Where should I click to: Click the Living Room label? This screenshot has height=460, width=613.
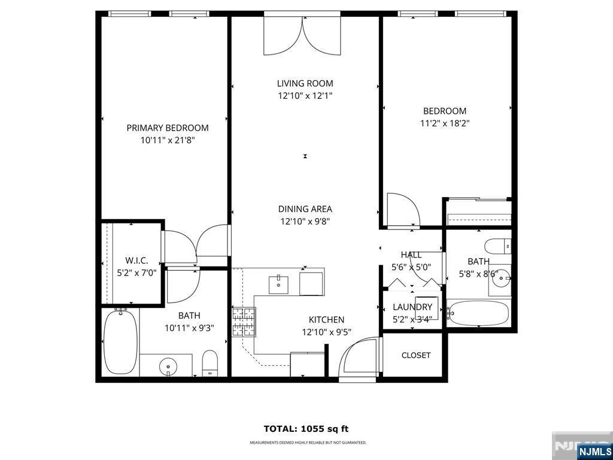[305, 83]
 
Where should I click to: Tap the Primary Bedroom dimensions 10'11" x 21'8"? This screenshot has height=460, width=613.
[168, 140]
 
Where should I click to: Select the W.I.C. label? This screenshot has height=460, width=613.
[136, 261]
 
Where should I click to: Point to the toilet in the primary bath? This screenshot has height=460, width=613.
[210, 363]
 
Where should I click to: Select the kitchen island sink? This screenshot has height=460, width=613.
[278, 283]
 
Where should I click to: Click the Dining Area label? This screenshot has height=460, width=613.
[305, 209]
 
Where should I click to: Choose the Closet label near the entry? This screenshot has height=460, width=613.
[416, 355]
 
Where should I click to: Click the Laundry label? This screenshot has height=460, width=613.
[412, 307]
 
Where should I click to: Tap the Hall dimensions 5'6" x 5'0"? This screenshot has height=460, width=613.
[411, 268]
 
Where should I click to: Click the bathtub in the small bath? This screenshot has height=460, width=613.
[479, 313]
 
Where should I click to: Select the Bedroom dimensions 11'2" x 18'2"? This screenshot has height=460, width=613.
[444, 123]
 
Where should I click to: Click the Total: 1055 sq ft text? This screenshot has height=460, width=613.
[306, 429]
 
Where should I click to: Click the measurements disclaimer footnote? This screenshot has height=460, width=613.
[308, 443]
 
